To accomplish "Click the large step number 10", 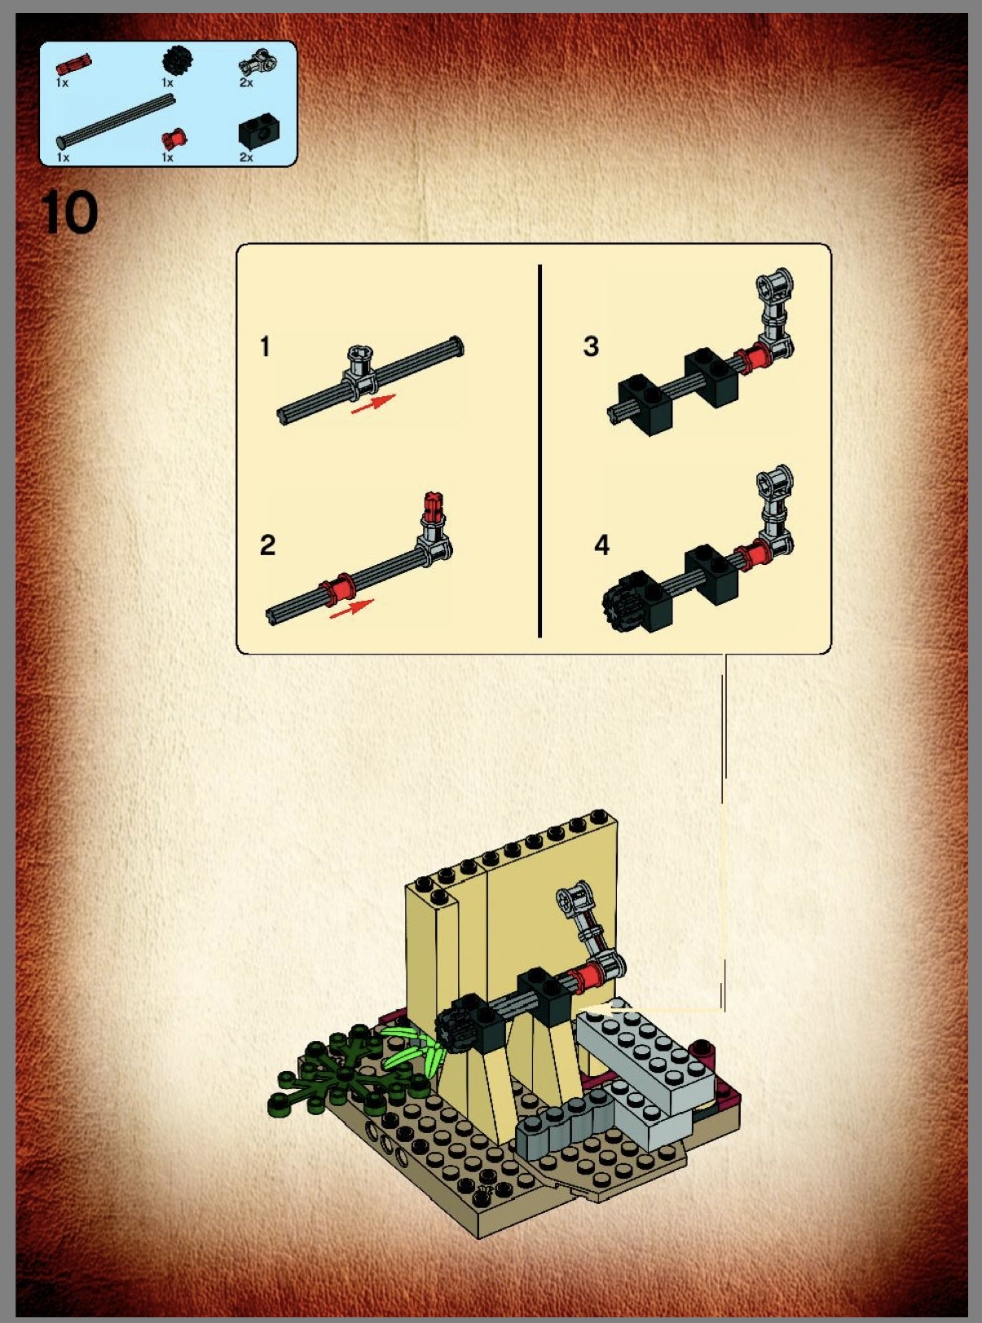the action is tap(68, 212).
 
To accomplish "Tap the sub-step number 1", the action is tap(266, 346).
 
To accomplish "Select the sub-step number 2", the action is tap(267, 545).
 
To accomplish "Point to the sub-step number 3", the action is tap(591, 346).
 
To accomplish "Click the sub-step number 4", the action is tap(602, 545).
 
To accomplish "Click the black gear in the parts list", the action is tap(173, 61).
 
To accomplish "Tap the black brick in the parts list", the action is tap(259, 135).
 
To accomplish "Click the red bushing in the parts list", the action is tap(174, 139).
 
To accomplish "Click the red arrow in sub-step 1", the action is tap(373, 404).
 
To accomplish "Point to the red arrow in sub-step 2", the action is tap(351, 607).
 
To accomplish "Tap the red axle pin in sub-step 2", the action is tap(432, 506).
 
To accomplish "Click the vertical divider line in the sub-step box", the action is tap(540, 451).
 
